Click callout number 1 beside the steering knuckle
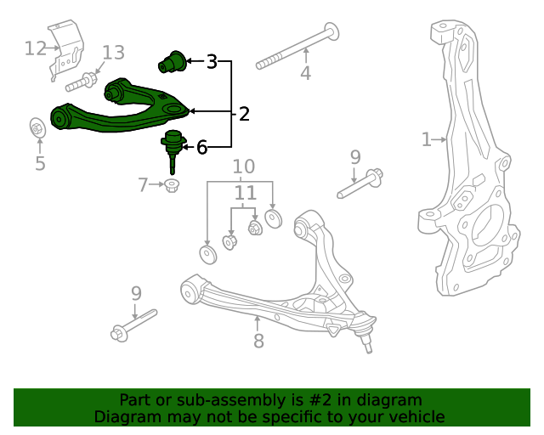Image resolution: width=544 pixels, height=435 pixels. coord(426,138)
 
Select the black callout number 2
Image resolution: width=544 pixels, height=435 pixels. coord(244,113)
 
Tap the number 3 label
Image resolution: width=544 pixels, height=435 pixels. coord(212,61)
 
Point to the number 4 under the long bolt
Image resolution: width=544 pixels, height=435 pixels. coord(305,74)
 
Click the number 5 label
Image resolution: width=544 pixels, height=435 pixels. coord(40,163)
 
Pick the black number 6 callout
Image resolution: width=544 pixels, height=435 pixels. coord(201,148)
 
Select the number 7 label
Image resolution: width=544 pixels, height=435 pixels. coord(144,183)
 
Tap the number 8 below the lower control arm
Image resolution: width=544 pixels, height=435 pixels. coord(258,341)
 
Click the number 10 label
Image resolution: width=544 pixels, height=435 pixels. coord(244,165)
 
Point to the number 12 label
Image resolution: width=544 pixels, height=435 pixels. coord(35,48)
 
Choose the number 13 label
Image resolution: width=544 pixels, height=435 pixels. coord(113,53)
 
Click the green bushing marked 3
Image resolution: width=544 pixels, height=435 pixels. coord(175,62)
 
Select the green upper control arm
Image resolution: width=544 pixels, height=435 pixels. coord(119,110)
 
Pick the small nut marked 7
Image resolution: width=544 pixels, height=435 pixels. coord(172,185)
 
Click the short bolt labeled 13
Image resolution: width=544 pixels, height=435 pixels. coord(79,82)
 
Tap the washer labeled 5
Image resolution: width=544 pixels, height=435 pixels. coord(38,128)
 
